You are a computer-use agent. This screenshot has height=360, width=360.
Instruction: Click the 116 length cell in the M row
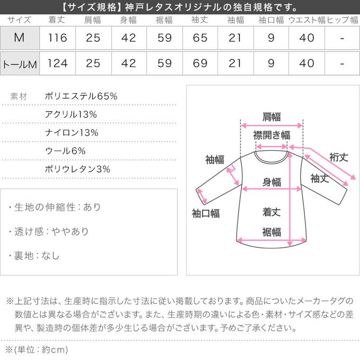click(58, 38)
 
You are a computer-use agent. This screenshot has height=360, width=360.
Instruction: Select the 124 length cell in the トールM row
click(58, 64)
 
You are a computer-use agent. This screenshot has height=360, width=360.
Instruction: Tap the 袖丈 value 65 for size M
click(200, 38)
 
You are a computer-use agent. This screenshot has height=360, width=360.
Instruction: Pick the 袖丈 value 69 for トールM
click(200, 64)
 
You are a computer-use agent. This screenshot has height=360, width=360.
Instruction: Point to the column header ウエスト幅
click(307, 20)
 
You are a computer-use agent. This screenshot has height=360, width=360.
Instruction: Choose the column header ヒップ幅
click(343, 20)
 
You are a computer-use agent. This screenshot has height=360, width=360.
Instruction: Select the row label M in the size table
click(20, 38)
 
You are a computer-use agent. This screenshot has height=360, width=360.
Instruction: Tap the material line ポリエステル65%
click(82, 96)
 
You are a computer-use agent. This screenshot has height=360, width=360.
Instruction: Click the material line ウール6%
click(66, 151)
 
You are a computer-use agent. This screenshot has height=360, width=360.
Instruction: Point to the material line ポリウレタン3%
click(78, 169)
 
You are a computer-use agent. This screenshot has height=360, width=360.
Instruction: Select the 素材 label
click(20, 96)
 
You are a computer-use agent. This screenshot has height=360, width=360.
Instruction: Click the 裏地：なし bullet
click(34, 256)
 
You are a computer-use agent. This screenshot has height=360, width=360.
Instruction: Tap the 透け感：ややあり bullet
click(49, 231)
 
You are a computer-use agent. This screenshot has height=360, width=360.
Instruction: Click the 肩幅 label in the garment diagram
click(272, 117)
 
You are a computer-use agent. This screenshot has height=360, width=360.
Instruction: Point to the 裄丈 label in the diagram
click(338, 157)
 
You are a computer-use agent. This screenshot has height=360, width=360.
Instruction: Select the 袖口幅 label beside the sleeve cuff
click(205, 213)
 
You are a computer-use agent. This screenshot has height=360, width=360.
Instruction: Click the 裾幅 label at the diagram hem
click(272, 232)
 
